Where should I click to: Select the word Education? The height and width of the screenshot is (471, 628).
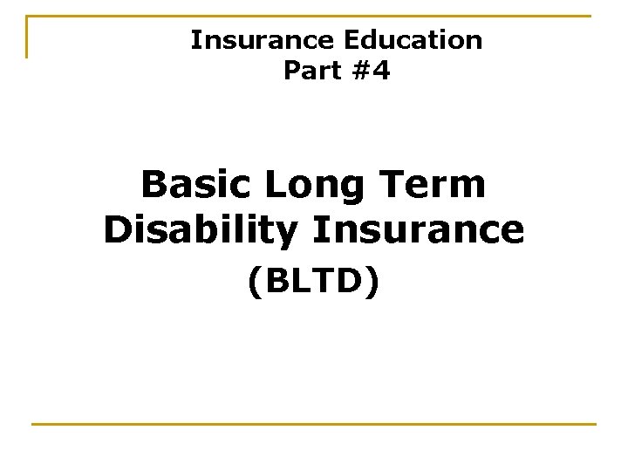pos(413,40)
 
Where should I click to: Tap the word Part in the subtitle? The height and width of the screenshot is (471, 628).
pos(312,71)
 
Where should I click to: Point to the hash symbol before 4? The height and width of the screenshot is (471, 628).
pos(360,71)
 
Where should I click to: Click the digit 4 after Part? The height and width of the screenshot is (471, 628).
pos(381,71)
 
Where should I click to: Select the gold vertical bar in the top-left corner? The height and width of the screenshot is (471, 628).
pos(27,37)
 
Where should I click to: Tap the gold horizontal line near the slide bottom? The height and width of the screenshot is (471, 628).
pos(314,425)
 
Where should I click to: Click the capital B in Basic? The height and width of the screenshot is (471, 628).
pos(154,185)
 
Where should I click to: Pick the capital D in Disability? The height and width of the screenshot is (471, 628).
pos(118,229)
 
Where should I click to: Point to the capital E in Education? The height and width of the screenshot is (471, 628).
pos(352,40)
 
